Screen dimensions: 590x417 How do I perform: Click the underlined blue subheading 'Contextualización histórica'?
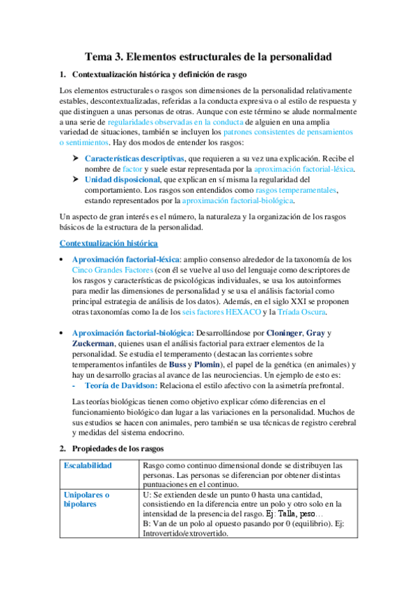pyautogui.click(x=108, y=243)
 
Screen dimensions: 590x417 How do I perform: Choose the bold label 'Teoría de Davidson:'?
pyautogui.click(x=118, y=385)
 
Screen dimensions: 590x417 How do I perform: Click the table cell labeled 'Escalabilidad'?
pyautogui.click(x=88, y=465)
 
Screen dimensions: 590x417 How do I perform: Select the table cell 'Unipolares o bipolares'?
pyautogui.click(x=88, y=500)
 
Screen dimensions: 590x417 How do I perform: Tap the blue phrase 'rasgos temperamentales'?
pyautogui.click(x=296, y=190)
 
